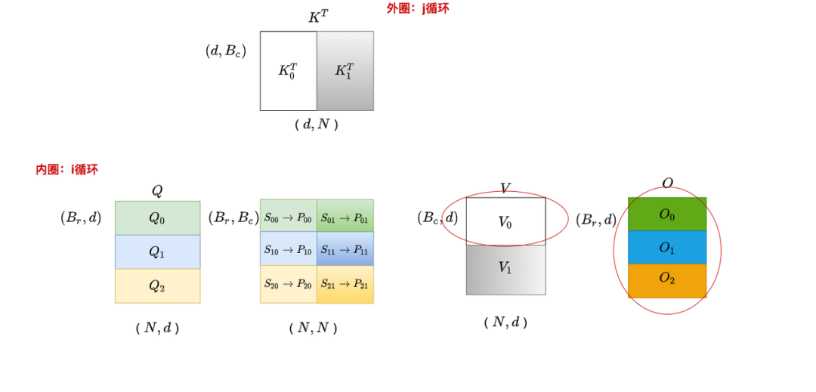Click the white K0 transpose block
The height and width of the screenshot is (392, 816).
(x=288, y=71)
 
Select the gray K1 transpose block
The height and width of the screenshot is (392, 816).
(x=345, y=71)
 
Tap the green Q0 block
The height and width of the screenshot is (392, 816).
(x=157, y=218)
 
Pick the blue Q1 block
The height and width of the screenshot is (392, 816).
(x=157, y=252)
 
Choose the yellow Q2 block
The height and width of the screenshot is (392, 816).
(x=157, y=286)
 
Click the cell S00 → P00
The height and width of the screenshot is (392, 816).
(x=288, y=218)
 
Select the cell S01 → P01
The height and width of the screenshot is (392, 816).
(x=345, y=218)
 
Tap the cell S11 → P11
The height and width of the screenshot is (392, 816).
(x=345, y=249)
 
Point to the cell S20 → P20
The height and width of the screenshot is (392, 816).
(x=288, y=284)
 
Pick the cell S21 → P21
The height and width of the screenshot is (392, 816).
(x=345, y=284)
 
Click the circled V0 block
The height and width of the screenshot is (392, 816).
(x=505, y=221)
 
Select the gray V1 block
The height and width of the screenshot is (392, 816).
(x=505, y=269)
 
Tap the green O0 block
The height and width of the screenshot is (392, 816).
(x=666, y=215)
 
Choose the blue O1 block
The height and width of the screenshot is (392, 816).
(x=666, y=248)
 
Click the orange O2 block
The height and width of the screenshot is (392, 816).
(x=666, y=280)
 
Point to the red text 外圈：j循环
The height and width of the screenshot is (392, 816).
(x=417, y=8)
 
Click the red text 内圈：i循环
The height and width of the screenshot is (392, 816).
(x=66, y=169)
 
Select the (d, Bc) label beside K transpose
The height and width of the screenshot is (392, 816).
(x=226, y=51)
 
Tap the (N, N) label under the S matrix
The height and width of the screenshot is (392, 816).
(x=313, y=328)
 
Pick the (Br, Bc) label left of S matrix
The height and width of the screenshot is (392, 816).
(x=233, y=218)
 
